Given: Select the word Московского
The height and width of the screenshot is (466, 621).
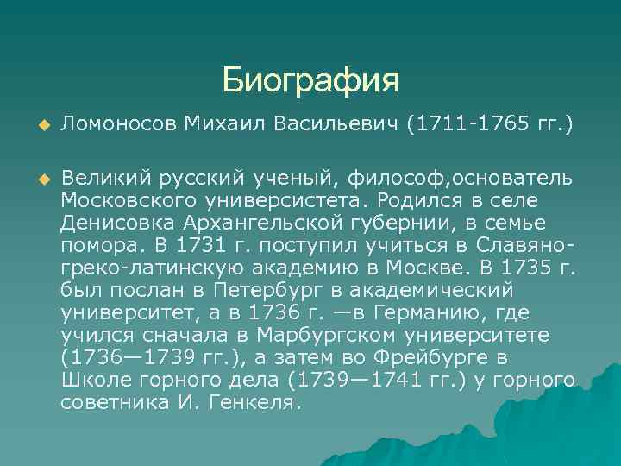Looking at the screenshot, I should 135,200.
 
